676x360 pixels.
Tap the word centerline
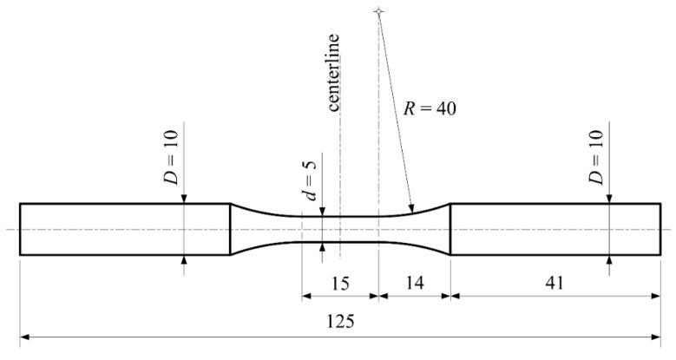(334, 72)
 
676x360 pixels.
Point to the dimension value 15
(340, 282)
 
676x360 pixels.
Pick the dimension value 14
(415, 282)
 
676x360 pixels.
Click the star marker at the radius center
(378, 11)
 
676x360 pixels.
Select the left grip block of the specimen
(124, 229)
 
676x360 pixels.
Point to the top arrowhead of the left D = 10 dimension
(184, 200)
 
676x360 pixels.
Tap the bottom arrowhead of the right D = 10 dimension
(609, 259)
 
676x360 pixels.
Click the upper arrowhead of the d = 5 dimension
(322, 212)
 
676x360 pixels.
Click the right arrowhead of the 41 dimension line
(659, 295)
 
